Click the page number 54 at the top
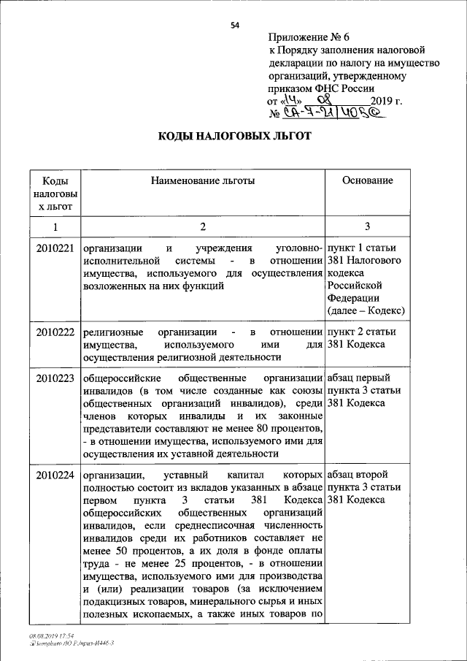point(235,26)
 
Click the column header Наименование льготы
point(203,180)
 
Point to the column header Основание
point(368,180)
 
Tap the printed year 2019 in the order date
point(385,101)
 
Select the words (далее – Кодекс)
point(367,311)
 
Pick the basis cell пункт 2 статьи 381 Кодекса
point(363,337)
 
